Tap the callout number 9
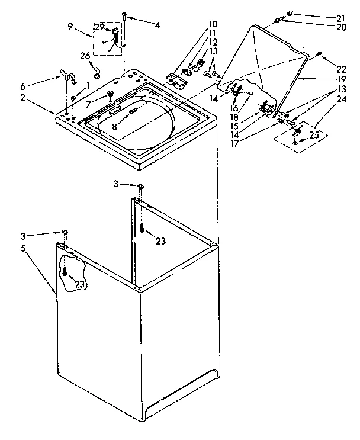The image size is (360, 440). [x=70, y=26]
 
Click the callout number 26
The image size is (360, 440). [x=85, y=56]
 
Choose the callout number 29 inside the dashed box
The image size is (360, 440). [x=100, y=27]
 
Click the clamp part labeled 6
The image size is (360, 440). [x=66, y=75]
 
